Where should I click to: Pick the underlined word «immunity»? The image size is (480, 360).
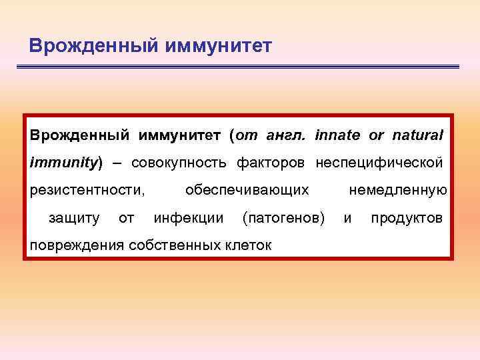point(63,163)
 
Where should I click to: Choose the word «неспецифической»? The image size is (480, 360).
point(379,163)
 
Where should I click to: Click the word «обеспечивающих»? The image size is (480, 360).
point(247,191)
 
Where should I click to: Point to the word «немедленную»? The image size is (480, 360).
point(397,191)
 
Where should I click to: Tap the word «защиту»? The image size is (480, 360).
point(74,218)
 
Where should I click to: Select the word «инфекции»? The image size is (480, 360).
point(189,218)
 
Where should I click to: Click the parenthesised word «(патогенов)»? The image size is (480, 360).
point(284,218)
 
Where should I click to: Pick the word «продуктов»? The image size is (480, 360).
point(406,218)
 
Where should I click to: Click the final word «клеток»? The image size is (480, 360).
point(247,245)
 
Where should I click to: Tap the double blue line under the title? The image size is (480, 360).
point(237,67)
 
